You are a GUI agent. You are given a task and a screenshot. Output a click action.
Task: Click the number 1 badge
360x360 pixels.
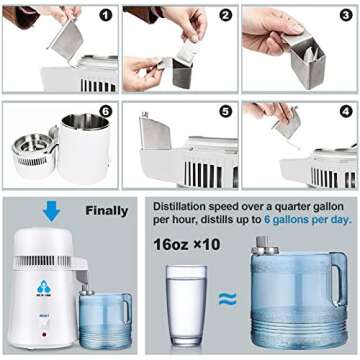[106, 17]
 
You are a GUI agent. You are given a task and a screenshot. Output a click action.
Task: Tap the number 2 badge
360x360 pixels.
[225, 17]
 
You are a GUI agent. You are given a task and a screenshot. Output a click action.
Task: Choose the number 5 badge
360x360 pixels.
[225, 112]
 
